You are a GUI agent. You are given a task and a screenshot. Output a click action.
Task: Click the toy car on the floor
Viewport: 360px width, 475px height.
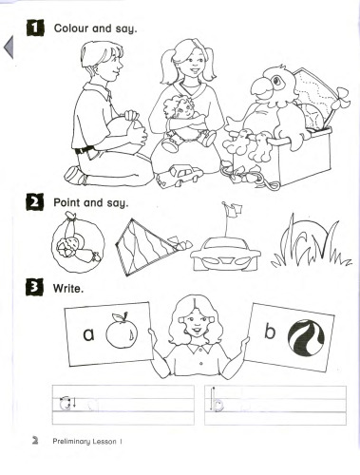(176, 177)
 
